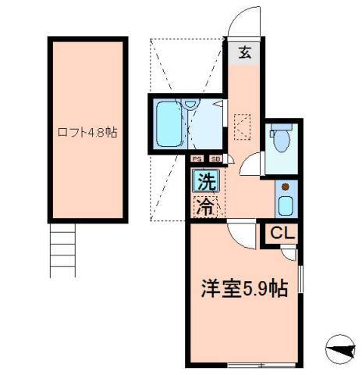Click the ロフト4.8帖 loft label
point(87,132)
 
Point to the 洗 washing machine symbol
point(206,184)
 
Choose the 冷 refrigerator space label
point(205,207)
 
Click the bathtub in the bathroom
point(168,125)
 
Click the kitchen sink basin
point(285,207)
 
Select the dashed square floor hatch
point(243,125)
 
